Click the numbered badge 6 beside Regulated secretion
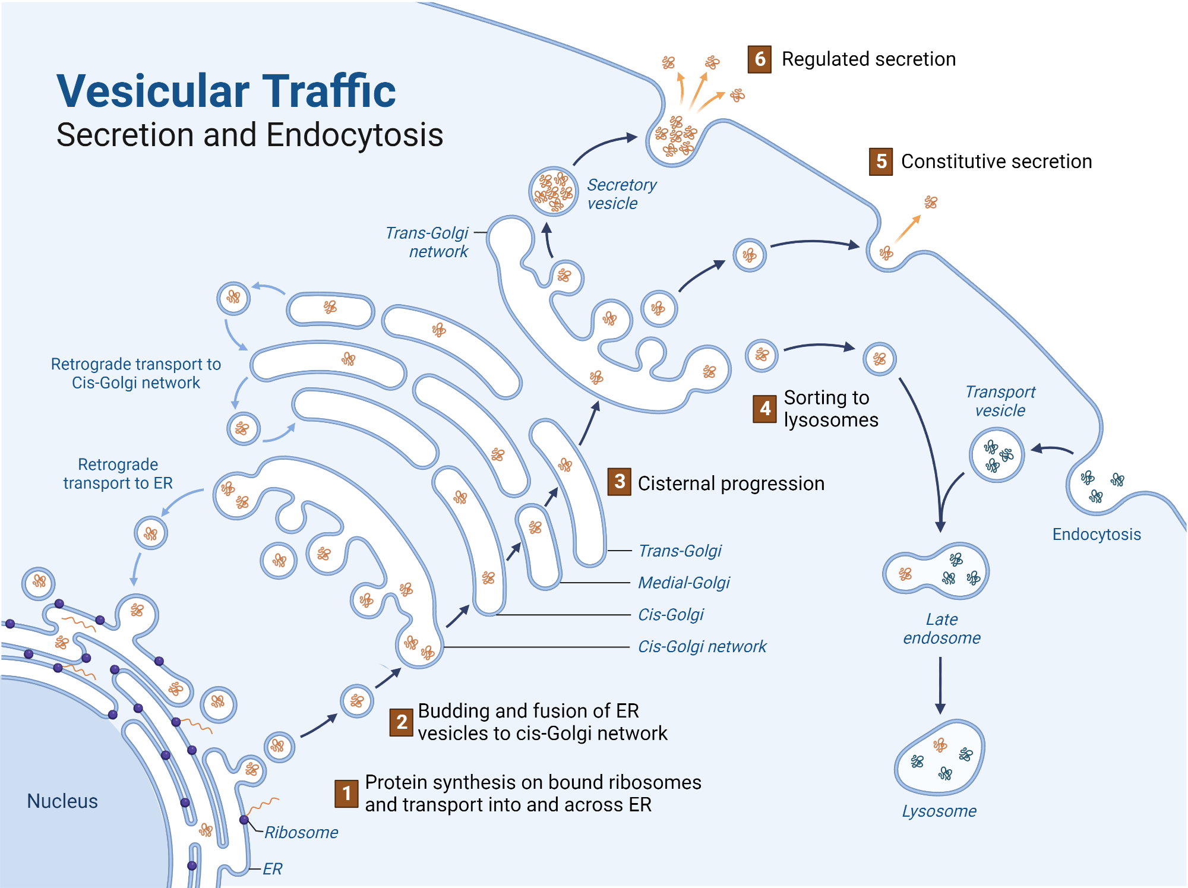759,59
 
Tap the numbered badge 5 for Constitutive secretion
881,162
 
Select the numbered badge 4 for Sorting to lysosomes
764,409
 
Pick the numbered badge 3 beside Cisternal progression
619,482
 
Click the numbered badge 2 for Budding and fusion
402,722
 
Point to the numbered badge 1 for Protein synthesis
346,794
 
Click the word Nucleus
62,801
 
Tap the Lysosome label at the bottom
939,811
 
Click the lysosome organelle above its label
940,759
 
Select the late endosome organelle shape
935,572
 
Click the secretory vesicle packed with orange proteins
553,191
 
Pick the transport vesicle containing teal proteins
997,456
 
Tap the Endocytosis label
1097,535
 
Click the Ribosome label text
301,833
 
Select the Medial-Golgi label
684,583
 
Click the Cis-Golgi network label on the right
702,647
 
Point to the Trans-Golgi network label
428,242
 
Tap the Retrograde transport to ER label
118,474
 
